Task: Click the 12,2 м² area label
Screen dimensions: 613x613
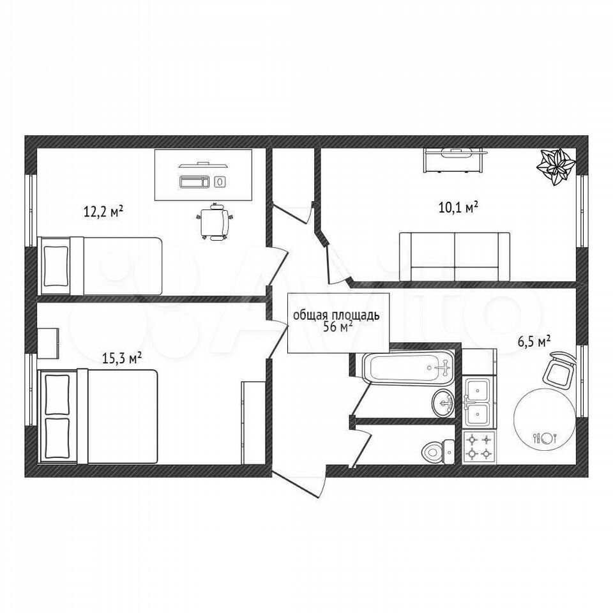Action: click(103, 212)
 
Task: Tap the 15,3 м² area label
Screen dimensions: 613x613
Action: click(121, 358)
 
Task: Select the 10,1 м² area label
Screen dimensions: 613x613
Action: click(458, 207)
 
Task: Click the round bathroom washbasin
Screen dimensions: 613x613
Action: click(444, 403)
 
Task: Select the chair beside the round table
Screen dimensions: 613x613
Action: click(559, 369)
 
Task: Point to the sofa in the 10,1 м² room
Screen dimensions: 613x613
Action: click(455, 257)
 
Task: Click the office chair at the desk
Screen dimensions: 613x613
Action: click(215, 222)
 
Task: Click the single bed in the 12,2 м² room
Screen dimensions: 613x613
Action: click(100, 266)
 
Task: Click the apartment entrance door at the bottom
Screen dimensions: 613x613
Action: click(299, 485)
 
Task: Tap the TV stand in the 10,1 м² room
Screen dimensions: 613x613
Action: click(453, 160)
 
